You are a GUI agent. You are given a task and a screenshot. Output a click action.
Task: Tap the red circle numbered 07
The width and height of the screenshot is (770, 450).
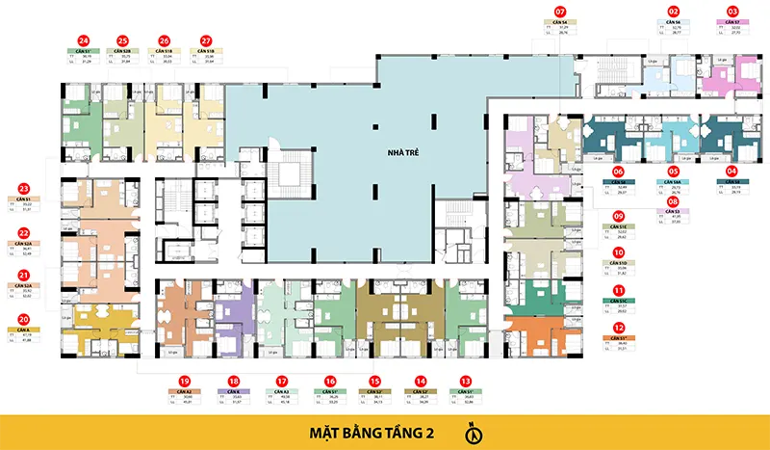tap(559, 12)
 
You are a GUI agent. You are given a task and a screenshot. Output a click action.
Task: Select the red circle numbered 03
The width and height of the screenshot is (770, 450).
tap(732, 12)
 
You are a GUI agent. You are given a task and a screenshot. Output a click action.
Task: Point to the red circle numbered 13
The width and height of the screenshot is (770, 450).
tap(466, 381)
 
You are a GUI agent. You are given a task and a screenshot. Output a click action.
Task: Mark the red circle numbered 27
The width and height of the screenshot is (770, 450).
tap(206, 40)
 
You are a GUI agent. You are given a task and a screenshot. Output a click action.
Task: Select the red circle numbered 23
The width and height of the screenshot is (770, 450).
tap(23, 188)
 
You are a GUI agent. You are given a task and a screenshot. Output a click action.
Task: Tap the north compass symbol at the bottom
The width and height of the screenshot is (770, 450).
tap(474, 434)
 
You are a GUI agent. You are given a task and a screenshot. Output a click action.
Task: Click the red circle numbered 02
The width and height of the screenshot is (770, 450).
tap(674, 12)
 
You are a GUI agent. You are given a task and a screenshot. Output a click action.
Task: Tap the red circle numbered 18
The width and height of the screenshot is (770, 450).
tap(234, 381)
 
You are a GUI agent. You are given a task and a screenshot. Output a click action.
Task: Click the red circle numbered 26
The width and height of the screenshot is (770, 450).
tap(165, 40)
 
